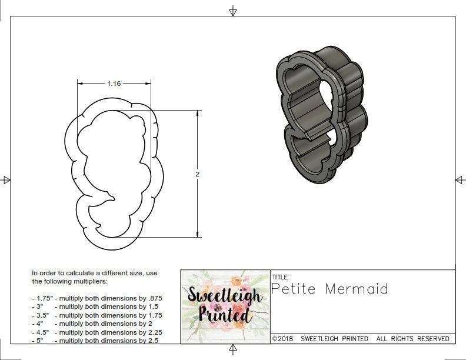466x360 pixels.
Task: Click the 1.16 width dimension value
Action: click(114, 84)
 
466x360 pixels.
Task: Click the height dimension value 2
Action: click(198, 174)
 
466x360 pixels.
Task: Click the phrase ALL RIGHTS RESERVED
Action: click(413, 339)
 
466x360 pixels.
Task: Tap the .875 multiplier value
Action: click(154, 298)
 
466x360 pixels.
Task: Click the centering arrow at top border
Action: click(233, 11)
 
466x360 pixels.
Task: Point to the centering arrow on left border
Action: click(6, 180)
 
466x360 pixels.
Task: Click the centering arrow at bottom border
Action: click(233, 350)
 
